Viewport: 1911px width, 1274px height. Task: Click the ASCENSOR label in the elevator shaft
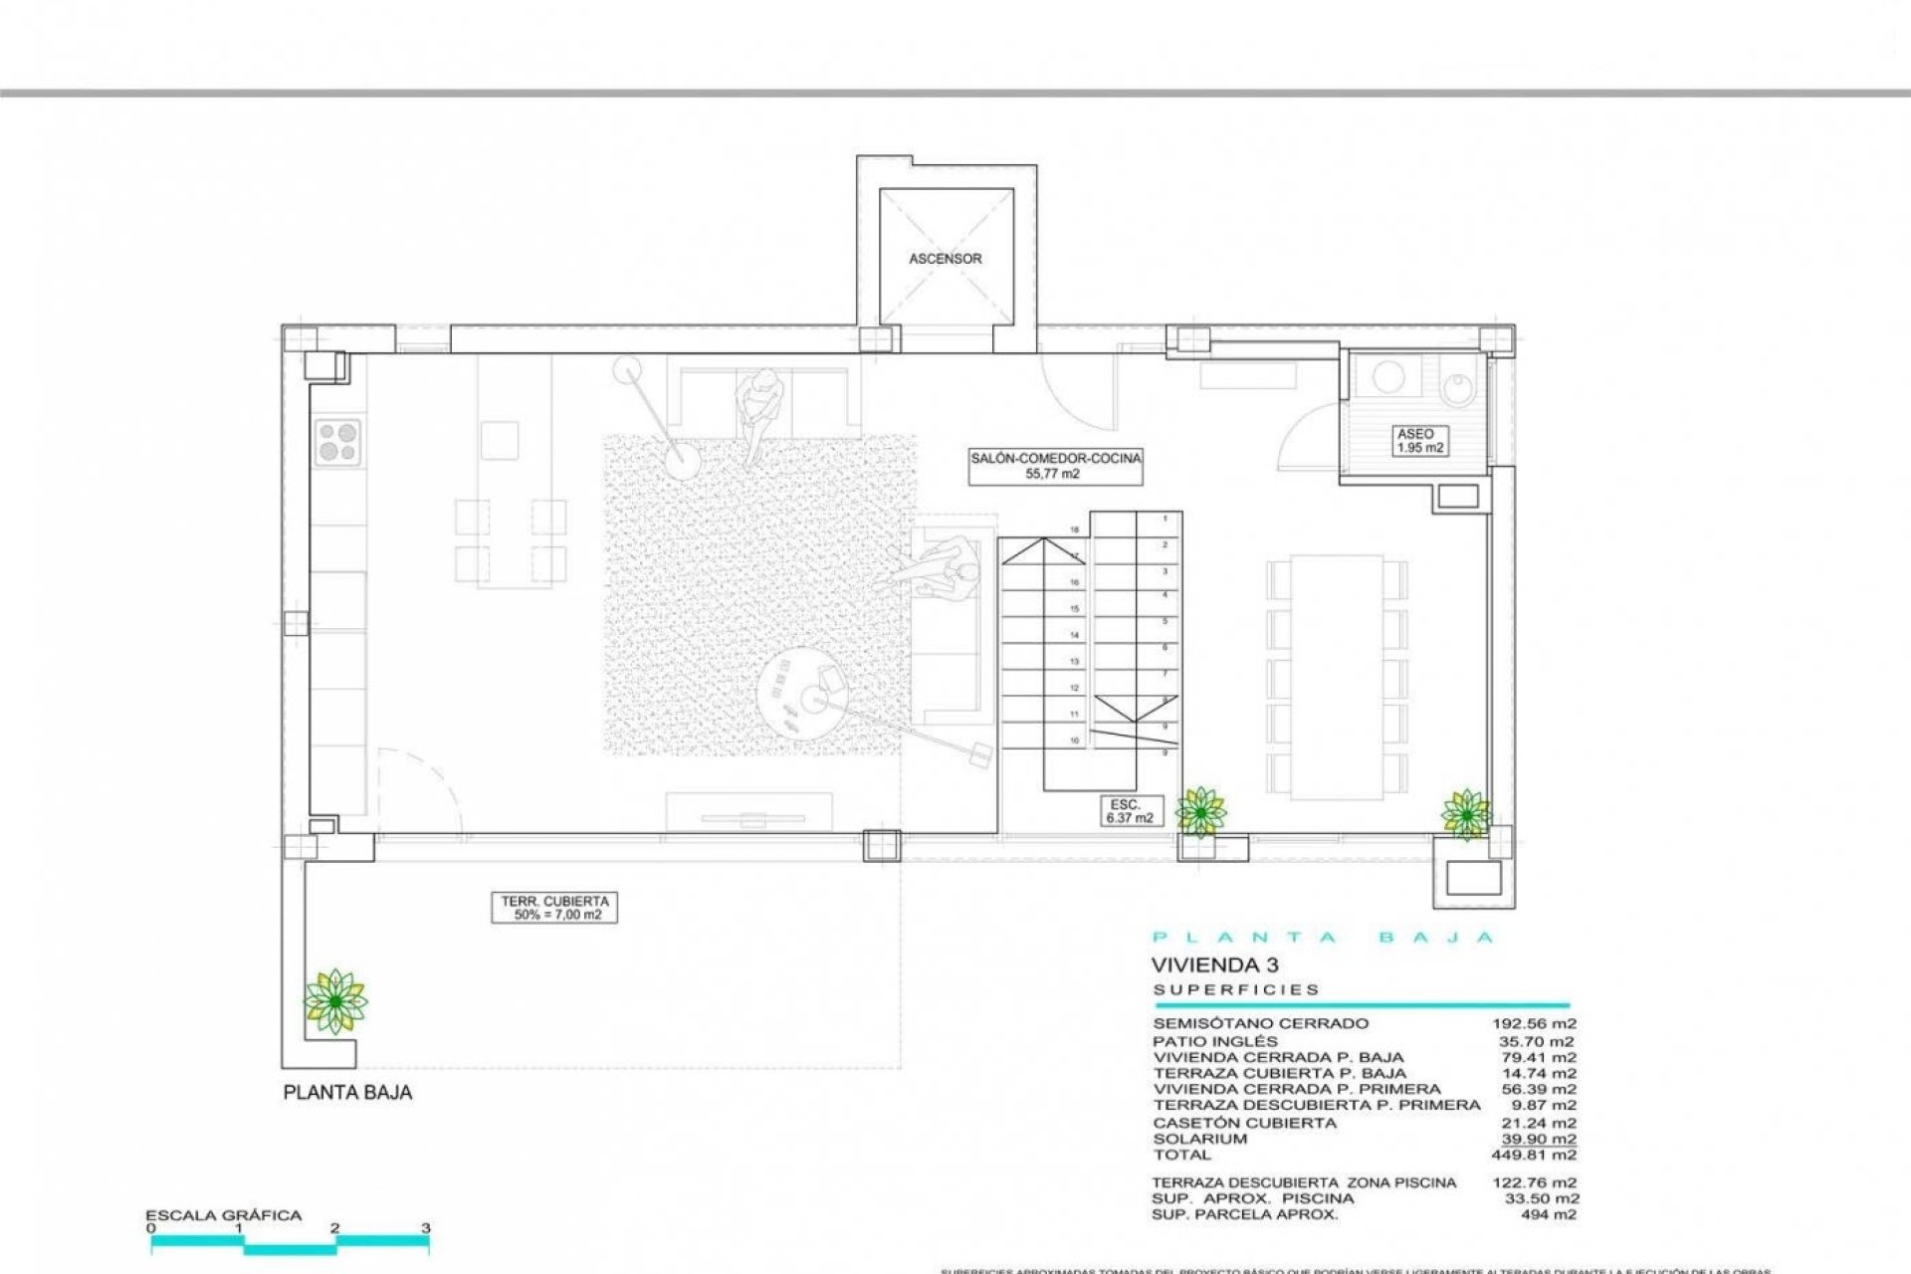point(945,259)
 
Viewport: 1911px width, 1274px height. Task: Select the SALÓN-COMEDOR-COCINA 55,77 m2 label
point(1056,466)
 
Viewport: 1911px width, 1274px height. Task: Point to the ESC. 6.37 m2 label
point(1128,810)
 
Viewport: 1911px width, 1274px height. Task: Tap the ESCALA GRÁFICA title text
point(224,1215)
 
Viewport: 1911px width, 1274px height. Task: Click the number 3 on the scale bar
point(426,1228)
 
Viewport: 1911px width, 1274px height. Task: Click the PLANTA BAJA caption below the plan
point(347,1093)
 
